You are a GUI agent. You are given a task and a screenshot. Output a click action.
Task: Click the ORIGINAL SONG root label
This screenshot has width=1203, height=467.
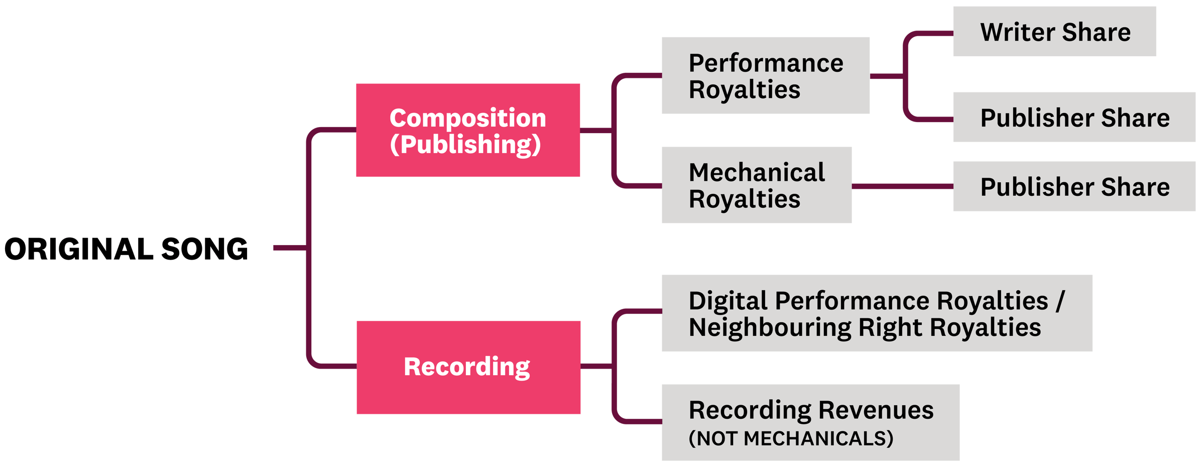pos(126,249)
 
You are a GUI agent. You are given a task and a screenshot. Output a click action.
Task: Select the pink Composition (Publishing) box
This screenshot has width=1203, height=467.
pos(468,131)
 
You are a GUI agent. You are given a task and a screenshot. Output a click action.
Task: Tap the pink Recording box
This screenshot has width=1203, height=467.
pos(468,367)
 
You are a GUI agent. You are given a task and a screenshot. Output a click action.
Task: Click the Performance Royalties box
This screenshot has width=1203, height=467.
pos(765,75)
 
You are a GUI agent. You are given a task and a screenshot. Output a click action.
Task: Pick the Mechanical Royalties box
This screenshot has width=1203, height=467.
pos(756,185)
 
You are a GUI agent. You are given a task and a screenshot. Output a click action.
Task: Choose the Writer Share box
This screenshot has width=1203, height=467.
pos(1054,32)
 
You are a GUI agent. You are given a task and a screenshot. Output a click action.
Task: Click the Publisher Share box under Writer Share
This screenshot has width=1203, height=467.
pos(1074,117)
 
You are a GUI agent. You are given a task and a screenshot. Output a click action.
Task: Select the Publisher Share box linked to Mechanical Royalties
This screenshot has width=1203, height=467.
pos(1074,186)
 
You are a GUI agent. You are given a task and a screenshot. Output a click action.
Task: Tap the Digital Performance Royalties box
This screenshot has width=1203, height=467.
pos(877,313)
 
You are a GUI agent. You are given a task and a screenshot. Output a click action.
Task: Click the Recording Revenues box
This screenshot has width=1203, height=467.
pos(810,422)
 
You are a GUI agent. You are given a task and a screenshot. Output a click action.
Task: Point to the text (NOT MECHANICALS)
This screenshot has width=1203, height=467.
pos(791,438)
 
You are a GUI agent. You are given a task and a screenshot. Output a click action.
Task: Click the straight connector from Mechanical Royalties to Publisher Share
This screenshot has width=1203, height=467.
pos(902,186)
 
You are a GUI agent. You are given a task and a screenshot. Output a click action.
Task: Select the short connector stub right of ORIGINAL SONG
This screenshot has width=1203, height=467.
pos(289,248)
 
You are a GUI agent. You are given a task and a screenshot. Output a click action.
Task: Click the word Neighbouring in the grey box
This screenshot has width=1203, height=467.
pos(770,327)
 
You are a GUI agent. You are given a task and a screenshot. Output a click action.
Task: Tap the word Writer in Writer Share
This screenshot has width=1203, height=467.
pos(1017,32)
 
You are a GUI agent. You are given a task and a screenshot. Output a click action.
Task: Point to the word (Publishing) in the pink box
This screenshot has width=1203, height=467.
pos(465,145)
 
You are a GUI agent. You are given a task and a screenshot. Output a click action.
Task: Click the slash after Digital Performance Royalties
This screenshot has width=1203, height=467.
pos(1060,301)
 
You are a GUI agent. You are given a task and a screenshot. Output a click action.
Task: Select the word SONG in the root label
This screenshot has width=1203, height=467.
pos(204,249)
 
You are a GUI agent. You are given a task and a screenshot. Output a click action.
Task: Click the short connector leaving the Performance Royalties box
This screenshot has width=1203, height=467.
pos(886,76)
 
